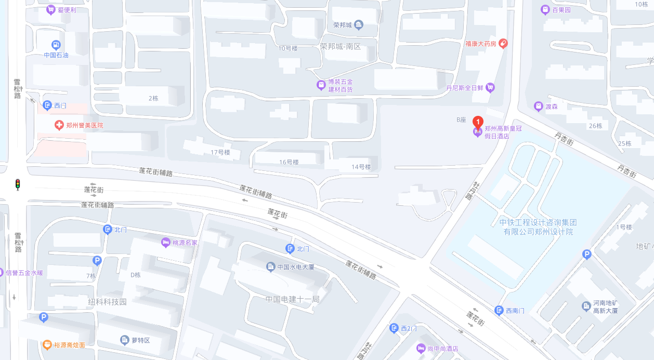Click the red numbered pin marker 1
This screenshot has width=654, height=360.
[477, 123]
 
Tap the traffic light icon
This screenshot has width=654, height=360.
[18, 184]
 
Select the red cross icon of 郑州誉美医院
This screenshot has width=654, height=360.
[60, 125]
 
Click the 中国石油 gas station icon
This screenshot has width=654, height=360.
[56, 45]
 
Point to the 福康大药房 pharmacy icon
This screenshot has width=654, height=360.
[503, 43]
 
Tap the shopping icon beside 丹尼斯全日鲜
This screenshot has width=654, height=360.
[490, 88]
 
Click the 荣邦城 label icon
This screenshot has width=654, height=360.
[359, 25]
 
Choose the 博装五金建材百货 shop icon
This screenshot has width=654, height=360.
[321, 84]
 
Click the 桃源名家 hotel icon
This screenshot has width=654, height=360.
[166, 242]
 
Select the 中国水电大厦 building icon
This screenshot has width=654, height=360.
[271, 267]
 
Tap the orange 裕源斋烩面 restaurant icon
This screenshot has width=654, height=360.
[47, 344]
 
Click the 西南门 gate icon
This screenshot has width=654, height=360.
[499, 311]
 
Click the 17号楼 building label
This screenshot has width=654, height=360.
[220, 152]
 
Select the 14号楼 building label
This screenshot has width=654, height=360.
[361, 167]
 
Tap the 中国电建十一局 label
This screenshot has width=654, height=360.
[292, 299]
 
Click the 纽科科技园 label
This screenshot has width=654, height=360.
[107, 302]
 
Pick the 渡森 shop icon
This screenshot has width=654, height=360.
[539, 106]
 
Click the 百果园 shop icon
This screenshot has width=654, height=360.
[545, 10]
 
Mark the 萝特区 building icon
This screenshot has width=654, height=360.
[124, 340]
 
